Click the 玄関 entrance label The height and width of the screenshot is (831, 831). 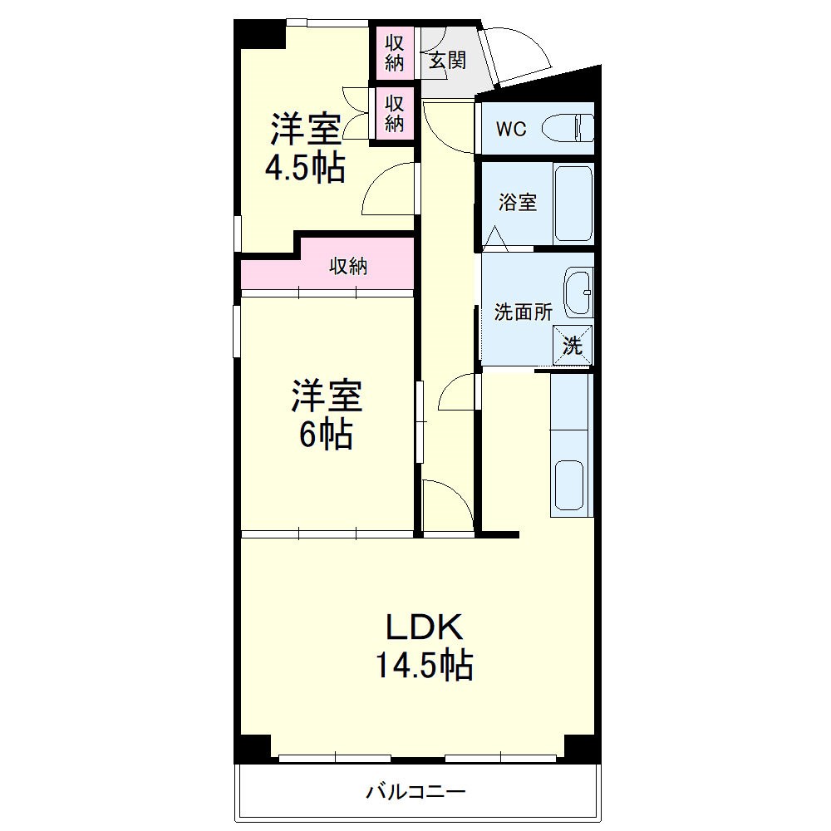tap(447, 61)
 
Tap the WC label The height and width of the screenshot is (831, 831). tap(511, 130)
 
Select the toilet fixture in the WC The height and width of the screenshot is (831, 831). tap(568, 129)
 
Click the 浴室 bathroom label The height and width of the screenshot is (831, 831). tap(517, 202)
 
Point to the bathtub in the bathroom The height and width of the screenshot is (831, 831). tap(573, 204)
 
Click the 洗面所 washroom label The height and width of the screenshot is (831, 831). tap(524, 312)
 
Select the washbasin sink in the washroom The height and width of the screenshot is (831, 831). tap(578, 293)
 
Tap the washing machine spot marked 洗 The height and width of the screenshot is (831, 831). tap(573, 345)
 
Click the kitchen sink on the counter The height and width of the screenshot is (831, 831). tap(571, 487)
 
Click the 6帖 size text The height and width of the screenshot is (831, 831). tap(326, 435)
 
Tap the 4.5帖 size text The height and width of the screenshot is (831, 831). tap(305, 170)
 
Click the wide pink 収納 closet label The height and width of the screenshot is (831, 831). tap(348, 267)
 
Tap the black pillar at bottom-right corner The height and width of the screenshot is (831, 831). tap(582, 748)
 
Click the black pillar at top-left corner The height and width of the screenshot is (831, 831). tap(258, 35)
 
